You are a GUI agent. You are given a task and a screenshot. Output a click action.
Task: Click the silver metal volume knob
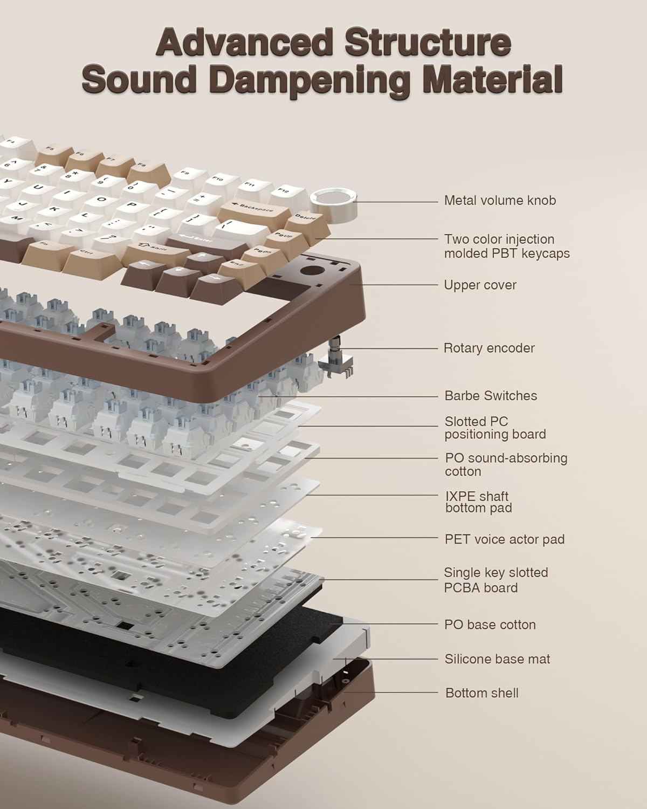point(333,205)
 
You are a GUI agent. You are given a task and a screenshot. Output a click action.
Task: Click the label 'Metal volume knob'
point(500,201)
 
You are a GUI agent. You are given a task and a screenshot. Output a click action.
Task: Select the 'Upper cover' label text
point(480,285)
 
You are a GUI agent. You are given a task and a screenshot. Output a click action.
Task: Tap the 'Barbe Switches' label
point(491,395)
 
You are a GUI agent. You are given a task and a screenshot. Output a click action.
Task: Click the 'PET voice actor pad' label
point(505,539)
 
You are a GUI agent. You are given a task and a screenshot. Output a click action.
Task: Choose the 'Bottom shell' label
point(481,693)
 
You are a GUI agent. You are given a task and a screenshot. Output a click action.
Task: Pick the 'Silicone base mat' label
point(497,659)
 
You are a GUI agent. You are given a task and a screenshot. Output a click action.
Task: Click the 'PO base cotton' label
point(490,625)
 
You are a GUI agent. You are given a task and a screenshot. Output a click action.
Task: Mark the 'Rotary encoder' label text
point(488,348)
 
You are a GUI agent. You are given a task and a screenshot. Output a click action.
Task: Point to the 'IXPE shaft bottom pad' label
point(478,502)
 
